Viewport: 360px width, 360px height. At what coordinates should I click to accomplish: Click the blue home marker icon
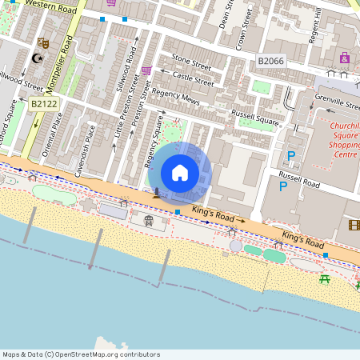(x=180, y=173)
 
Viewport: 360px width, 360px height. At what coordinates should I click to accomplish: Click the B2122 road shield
(x=44, y=104)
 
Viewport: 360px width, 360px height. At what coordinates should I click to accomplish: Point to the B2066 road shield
(x=271, y=61)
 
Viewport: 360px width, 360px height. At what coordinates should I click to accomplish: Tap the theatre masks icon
(x=42, y=42)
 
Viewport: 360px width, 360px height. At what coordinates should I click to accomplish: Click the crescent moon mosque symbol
(x=35, y=58)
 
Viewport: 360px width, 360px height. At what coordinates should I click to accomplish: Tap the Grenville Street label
(x=337, y=103)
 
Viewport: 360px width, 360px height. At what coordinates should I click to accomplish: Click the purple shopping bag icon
(x=345, y=58)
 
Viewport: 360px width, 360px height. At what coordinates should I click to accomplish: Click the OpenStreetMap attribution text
(x=81, y=354)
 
